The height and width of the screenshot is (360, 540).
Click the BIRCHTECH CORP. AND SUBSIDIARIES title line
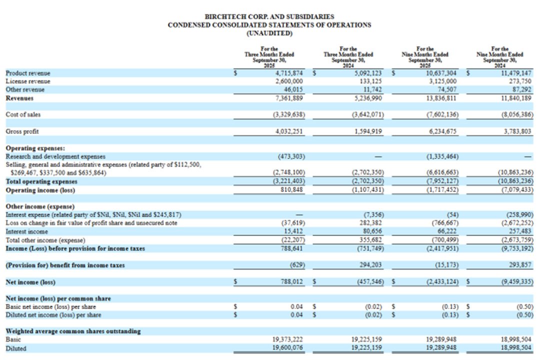[x=269, y=16]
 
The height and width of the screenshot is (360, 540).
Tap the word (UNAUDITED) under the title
[x=269, y=33]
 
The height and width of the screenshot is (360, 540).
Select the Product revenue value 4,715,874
[x=289, y=73]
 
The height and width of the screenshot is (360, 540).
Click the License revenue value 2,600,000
[x=289, y=81]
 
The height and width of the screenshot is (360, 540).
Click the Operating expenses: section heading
[x=35, y=148]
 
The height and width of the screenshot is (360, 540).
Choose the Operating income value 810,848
[x=292, y=190]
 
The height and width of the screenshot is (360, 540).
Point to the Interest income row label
[x=27, y=231]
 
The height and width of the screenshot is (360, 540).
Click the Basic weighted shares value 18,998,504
[x=517, y=339]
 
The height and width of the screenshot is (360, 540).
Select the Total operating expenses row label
[x=41, y=181]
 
